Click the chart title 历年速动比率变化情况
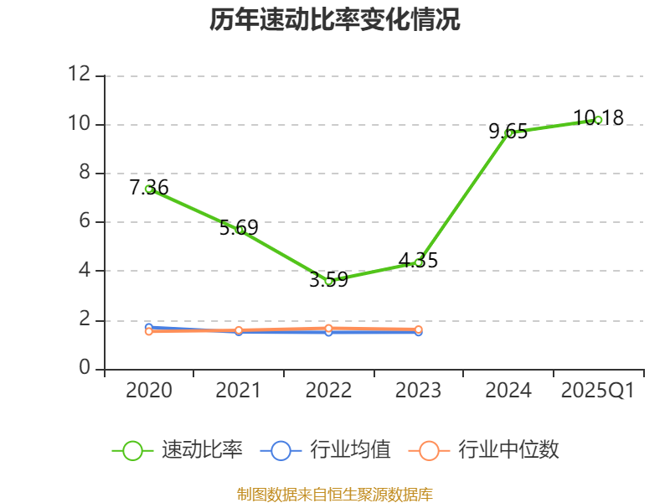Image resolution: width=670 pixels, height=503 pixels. coord(335,19)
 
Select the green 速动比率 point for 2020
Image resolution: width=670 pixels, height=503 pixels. coord(149,189)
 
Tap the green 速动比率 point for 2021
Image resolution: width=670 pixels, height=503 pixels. coord(240,230)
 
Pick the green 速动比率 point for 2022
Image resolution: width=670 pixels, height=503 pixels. coord(329,281)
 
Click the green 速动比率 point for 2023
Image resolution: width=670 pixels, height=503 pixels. coord(419,262)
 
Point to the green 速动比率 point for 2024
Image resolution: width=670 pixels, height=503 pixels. coord(509,132)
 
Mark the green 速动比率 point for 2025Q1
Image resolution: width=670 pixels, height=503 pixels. coord(598,120)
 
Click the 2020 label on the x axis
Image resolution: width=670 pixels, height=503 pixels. coord(149,391)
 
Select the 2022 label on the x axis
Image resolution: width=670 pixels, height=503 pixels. coord(328,391)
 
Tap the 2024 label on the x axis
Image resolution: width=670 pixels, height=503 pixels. coord(508,391)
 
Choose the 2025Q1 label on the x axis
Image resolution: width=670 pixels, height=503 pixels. coord(598,391)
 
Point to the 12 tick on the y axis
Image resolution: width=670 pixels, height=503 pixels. coord(80,75)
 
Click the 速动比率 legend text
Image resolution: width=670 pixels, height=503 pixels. coord(202,450)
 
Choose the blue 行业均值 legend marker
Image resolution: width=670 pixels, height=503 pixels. coord(281,450)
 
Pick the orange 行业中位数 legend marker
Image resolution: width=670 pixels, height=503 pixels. coord(429,450)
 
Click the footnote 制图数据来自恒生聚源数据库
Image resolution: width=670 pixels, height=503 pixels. coord(335,494)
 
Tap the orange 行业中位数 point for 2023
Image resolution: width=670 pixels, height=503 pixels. coord(419,329)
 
